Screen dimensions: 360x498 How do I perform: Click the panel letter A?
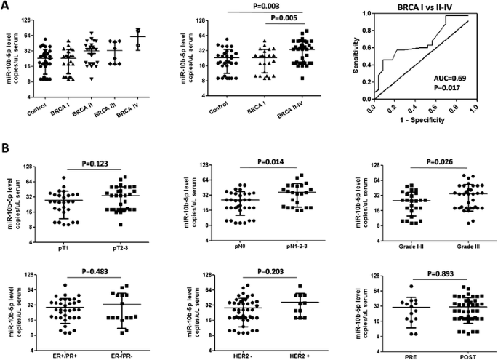tap(7, 6)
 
